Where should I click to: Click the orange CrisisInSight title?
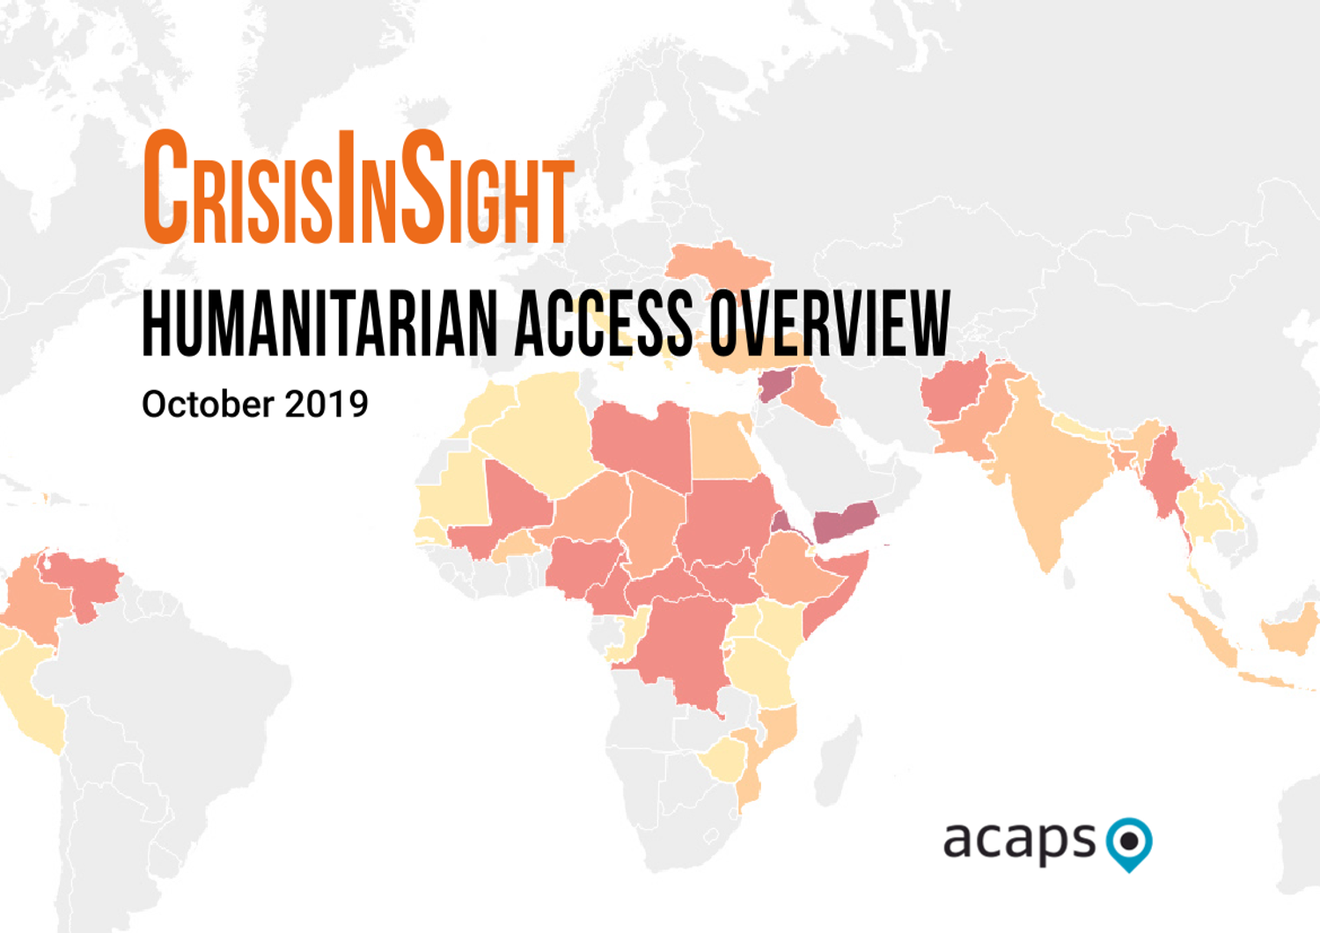click(x=358, y=188)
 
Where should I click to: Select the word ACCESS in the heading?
click(x=604, y=324)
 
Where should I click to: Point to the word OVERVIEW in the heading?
click(x=830, y=324)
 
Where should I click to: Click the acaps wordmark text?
click(x=1019, y=841)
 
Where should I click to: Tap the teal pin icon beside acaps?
click(x=1129, y=842)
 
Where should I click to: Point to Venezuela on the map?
click(x=84, y=581)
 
